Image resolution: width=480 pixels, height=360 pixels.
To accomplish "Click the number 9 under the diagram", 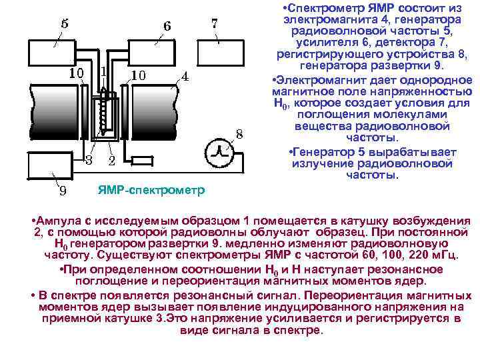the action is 62,191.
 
